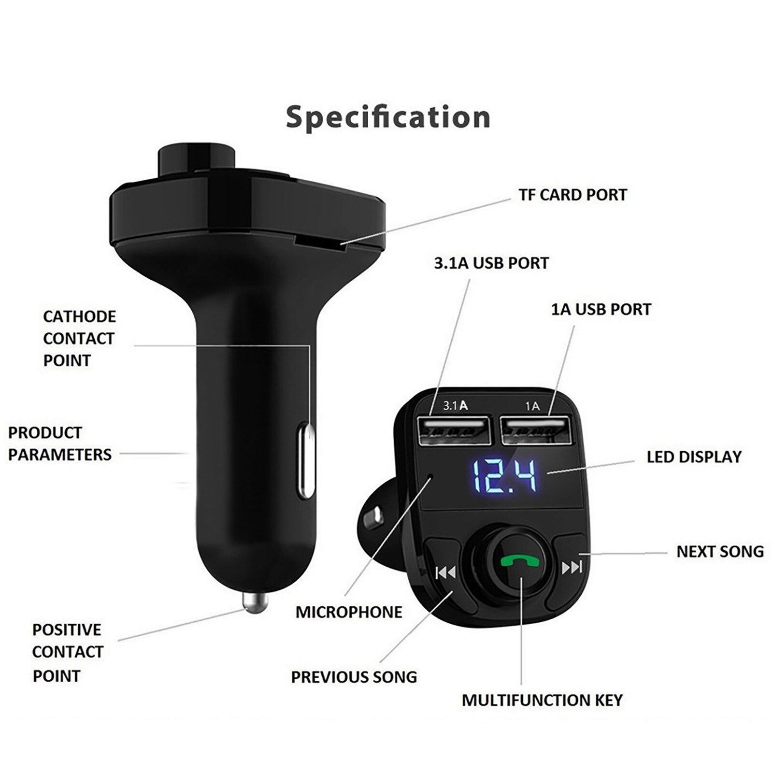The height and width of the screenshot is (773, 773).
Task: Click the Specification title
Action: [x=388, y=117]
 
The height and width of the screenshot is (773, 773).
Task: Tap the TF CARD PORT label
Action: [x=573, y=195]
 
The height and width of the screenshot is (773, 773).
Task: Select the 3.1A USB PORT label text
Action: [x=491, y=263]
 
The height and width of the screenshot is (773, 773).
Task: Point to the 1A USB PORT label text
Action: [x=601, y=309]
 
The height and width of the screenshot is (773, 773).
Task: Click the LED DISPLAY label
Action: [x=694, y=457]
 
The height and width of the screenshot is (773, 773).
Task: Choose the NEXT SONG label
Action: [x=720, y=552]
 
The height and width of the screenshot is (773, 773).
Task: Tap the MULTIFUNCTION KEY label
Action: [x=542, y=700]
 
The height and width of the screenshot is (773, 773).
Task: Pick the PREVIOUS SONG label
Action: [x=354, y=677]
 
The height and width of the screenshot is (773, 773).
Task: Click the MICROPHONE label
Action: [x=349, y=612]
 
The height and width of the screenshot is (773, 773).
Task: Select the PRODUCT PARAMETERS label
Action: [x=59, y=444]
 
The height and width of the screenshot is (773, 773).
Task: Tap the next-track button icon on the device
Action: [x=572, y=567]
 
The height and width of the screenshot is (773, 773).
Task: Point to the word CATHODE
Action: [x=79, y=317]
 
